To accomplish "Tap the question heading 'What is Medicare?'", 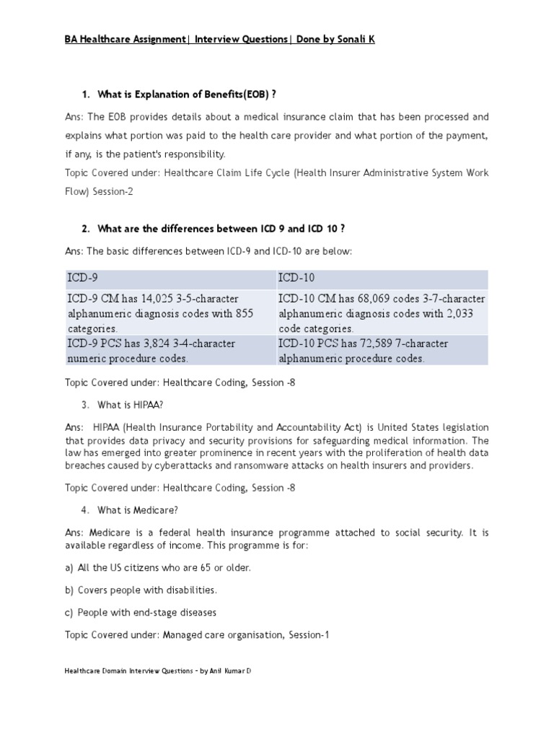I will click(x=138, y=510).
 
